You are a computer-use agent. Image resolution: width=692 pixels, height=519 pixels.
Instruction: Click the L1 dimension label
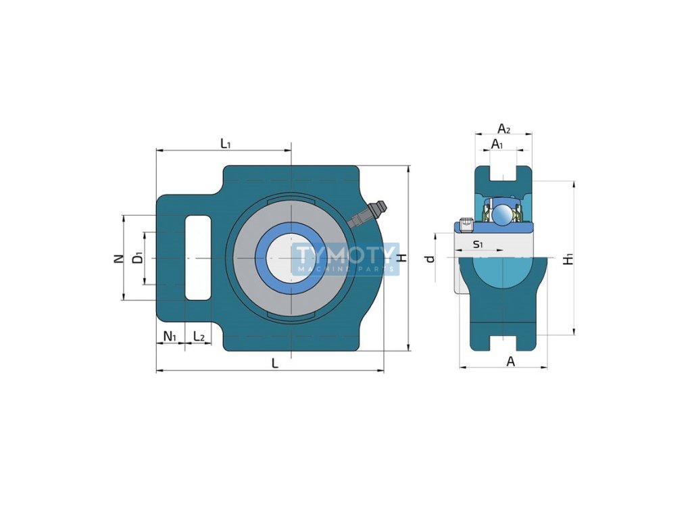(226, 143)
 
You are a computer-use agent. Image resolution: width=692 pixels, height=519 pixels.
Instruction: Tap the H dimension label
(402, 257)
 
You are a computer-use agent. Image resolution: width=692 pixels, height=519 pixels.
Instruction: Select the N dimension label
(118, 258)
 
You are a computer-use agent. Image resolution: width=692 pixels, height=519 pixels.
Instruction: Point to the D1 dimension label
(138, 257)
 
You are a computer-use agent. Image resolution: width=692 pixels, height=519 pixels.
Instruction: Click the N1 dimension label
(170, 337)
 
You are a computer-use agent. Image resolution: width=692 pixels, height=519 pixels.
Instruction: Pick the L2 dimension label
(199, 337)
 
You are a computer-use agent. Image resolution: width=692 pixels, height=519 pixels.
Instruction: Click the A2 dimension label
(503, 128)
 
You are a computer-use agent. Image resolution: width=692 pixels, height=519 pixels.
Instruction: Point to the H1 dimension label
(569, 259)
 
